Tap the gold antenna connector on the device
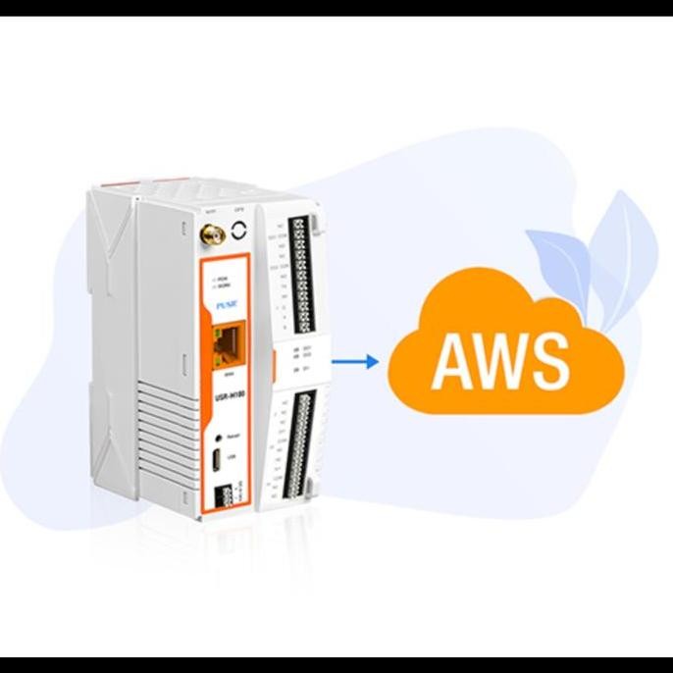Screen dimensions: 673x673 [x=209, y=235]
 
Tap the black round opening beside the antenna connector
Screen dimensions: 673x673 [x=240, y=234]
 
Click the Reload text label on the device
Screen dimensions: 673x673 [x=233, y=435]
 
